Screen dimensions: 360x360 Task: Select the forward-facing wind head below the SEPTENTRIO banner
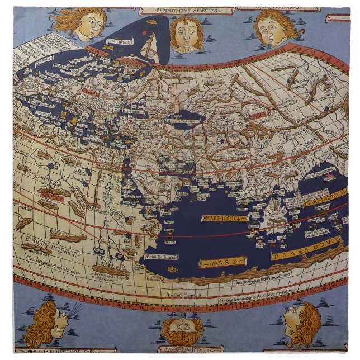coord(186,33)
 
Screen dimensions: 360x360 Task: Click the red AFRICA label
coord(53,197)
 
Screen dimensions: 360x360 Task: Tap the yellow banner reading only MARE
coord(224,262)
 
